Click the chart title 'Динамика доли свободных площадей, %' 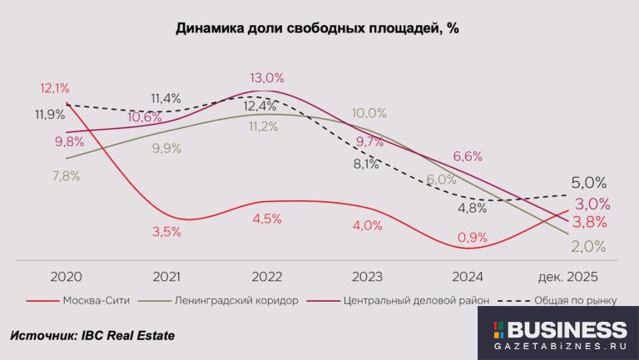click(x=318, y=27)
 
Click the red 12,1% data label click(x=54, y=87)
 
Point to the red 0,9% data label click(x=472, y=237)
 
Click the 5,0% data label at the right click(x=588, y=183)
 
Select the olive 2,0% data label click(x=588, y=246)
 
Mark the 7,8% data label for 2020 click(x=66, y=176)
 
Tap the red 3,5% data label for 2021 click(x=166, y=232)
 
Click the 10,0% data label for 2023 click(x=369, y=113)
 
